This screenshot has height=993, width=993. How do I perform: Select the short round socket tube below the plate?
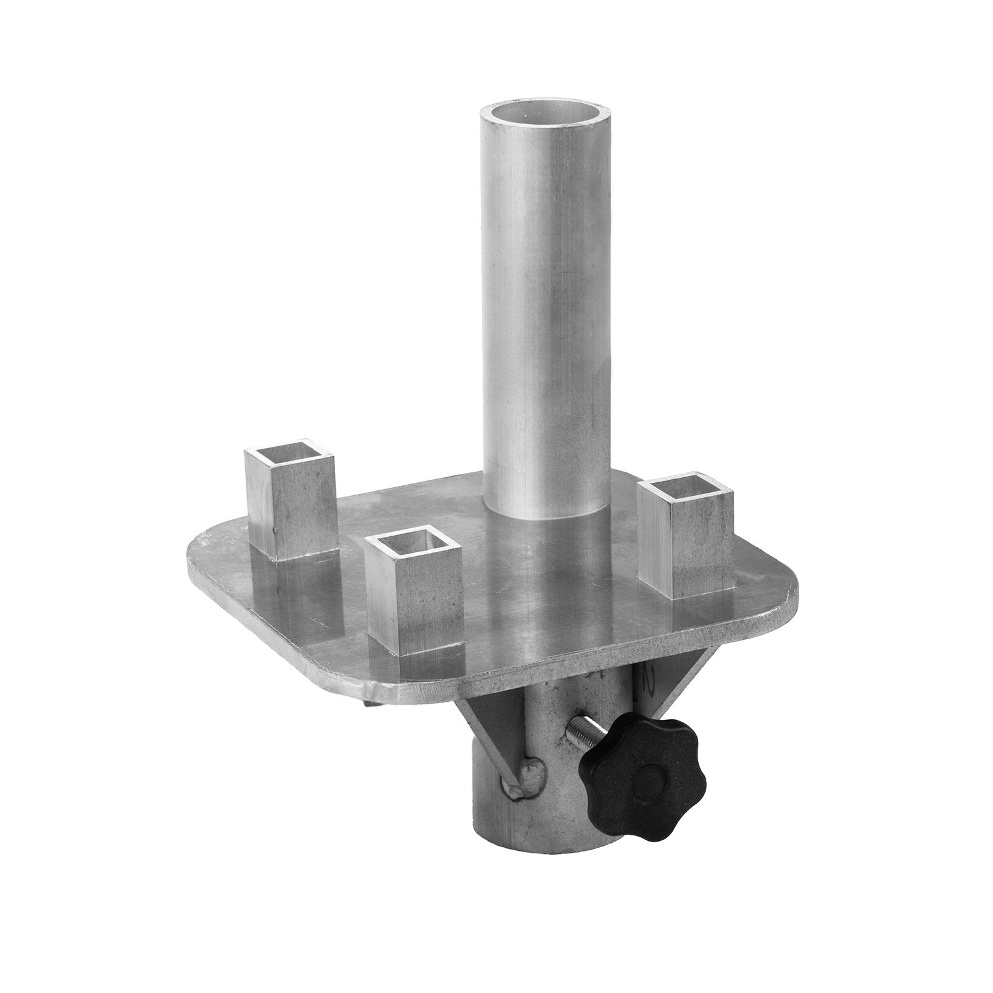point(546,807)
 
